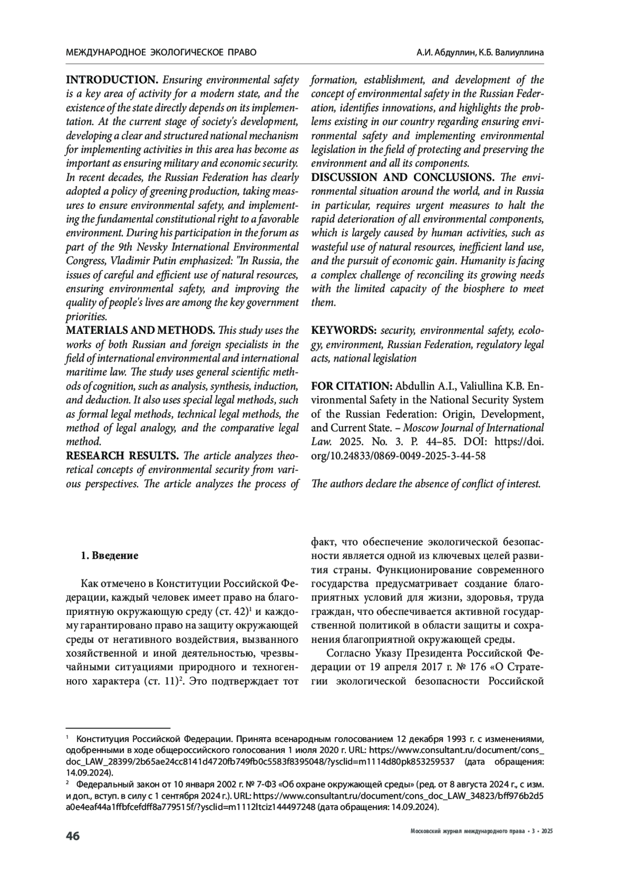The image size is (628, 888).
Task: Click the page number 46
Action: click(72, 836)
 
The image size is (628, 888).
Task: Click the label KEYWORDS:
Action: click(344, 331)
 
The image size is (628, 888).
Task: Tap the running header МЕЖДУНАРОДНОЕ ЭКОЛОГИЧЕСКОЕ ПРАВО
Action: click(161, 53)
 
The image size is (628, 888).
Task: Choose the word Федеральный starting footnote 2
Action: click(103, 785)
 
